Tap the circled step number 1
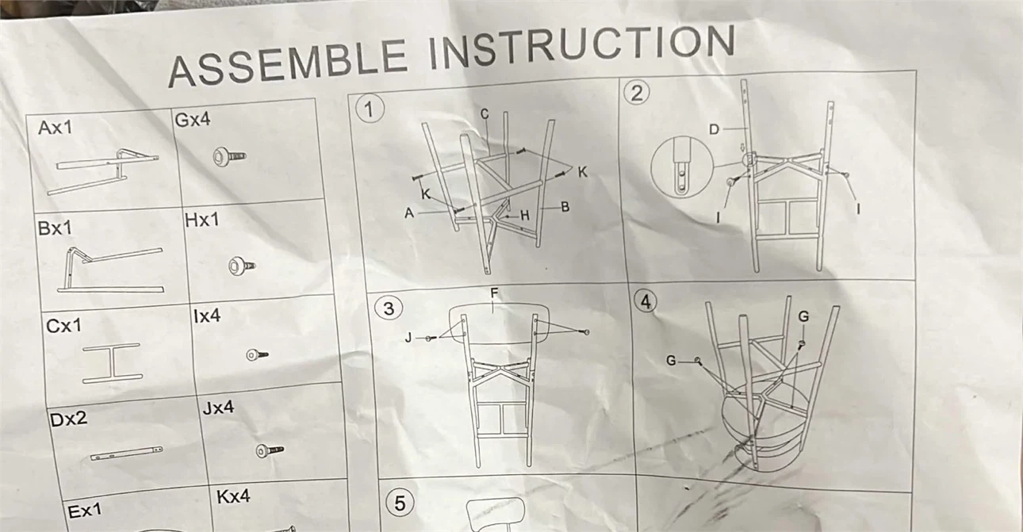(370, 109)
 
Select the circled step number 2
(637, 93)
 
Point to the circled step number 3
(389, 308)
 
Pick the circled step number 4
(646, 302)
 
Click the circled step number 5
(400, 503)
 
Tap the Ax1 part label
(56, 128)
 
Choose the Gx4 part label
(192, 119)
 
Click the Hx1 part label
(202, 220)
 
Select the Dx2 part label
(68, 419)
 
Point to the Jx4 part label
(218, 407)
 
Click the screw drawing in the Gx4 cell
(229, 157)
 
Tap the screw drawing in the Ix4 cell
(257, 355)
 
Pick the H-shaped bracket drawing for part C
(112, 363)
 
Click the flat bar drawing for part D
(126, 453)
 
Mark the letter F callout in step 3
(494, 293)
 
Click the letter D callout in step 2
(714, 130)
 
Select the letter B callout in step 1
(565, 207)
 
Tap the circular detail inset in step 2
(682, 166)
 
